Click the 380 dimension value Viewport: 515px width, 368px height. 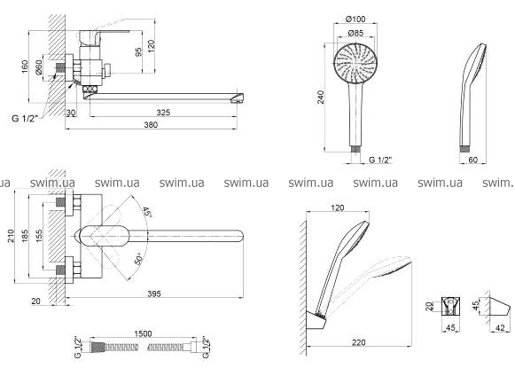(151, 125)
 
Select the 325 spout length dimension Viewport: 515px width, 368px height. (163, 113)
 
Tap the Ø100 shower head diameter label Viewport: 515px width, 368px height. (355, 19)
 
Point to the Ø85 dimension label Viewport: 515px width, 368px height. (355, 33)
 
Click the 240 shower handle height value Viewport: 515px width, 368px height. (321, 98)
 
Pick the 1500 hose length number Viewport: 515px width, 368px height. (144, 333)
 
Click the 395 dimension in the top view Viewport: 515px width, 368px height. (154, 294)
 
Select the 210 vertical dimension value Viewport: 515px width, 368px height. (11, 236)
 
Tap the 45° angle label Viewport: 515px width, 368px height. (147, 212)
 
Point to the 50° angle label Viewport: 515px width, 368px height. (138, 259)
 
